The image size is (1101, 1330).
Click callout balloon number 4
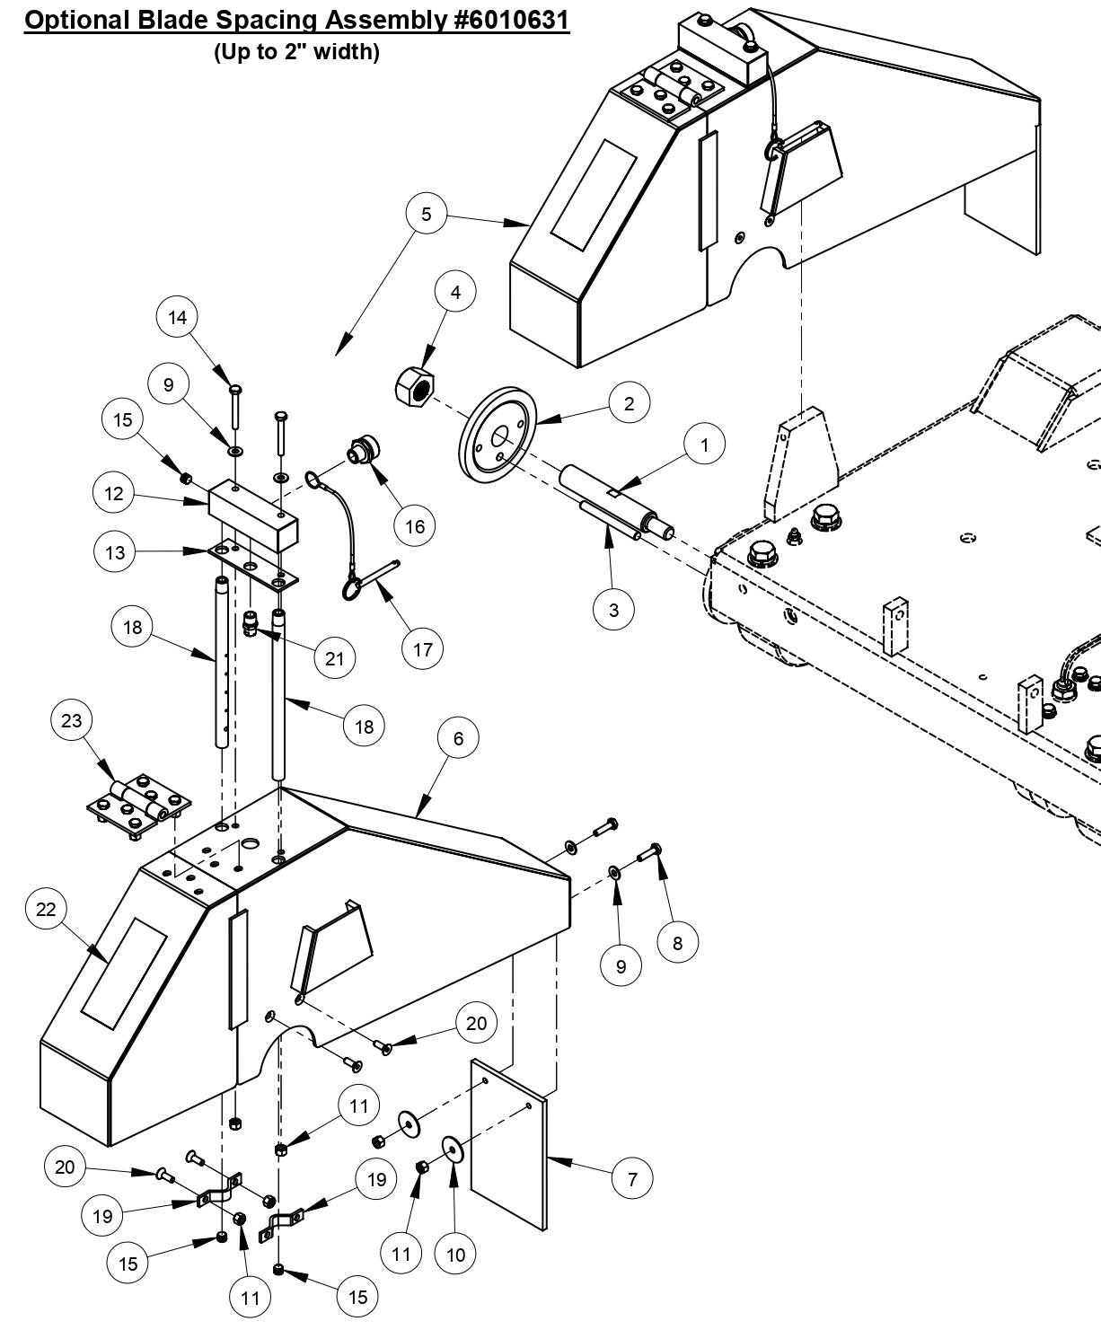point(455,293)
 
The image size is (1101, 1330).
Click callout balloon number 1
point(705,445)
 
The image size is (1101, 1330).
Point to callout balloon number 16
point(415,525)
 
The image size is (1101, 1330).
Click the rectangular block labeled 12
point(251,508)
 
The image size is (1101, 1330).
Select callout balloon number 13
point(115,552)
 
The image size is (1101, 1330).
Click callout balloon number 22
point(46,909)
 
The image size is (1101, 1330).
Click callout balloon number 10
point(455,1255)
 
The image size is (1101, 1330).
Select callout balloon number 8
point(677,943)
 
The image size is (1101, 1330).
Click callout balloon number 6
point(459,738)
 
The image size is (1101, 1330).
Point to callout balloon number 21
point(334,658)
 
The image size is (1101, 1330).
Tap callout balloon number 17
point(423,649)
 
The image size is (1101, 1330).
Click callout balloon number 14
point(178,317)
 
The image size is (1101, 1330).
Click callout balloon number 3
point(613,610)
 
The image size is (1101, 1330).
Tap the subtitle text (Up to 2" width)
point(296,52)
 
